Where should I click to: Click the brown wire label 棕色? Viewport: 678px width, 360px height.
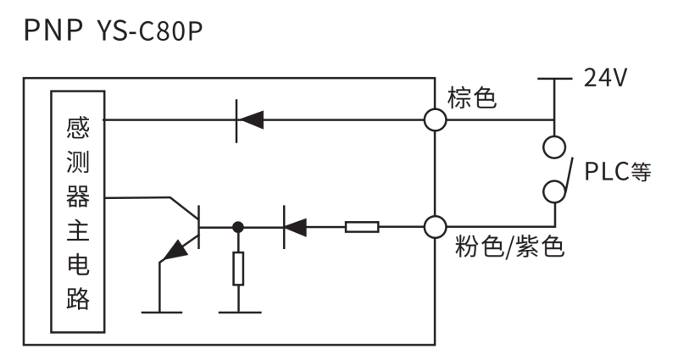pyautogui.click(x=472, y=99)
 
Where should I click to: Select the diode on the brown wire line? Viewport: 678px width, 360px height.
pyautogui.click(x=250, y=120)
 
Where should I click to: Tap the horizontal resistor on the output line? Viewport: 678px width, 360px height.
pyautogui.click(x=362, y=227)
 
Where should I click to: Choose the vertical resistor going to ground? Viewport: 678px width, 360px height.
pyautogui.click(x=239, y=269)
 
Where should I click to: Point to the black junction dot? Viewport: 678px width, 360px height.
pyautogui.click(x=239, y=227)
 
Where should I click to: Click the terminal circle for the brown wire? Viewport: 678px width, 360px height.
pyautogui.click(x=435, y=120)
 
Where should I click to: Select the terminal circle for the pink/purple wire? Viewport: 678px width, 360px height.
pyautogui.click(x=435, y=227)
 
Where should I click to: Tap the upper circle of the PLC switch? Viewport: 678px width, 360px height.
pyautogui.click(x=554, y=147)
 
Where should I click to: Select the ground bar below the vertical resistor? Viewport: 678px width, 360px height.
pyautogui.click(x=239, y=313)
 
